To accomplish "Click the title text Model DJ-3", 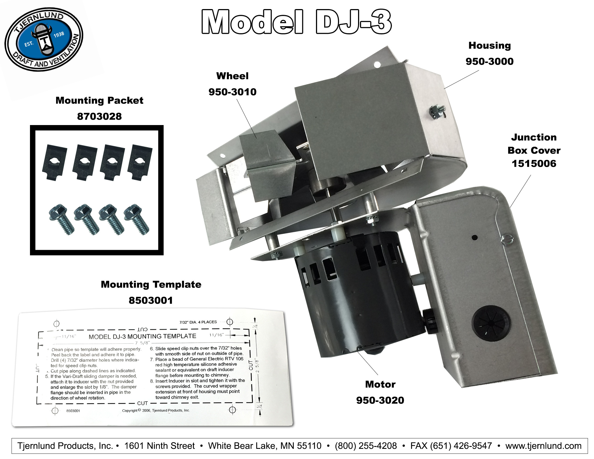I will coord(296,22).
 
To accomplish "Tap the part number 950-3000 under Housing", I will coord(490,61).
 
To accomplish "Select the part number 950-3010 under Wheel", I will coord(232,92).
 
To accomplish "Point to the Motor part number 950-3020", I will coord(380,400).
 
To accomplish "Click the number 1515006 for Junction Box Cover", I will coord(534,164).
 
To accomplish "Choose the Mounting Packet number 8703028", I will coord(99,117).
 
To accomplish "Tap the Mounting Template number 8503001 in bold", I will coord(151,300).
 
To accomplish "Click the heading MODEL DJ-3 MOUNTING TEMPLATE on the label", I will coord(142,336).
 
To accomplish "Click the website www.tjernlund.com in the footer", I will coord(543,446).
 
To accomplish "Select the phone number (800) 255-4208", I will coord(366,446).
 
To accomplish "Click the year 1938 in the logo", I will coord(59,35).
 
